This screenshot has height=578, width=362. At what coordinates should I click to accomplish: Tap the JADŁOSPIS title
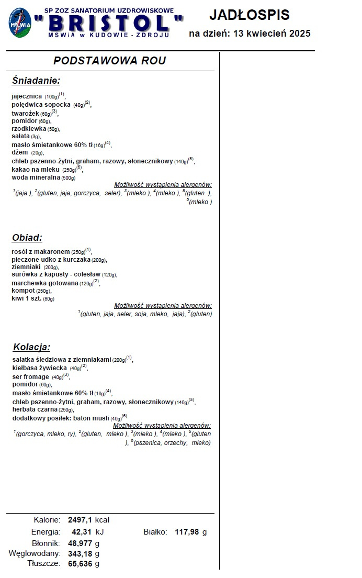[249, 14]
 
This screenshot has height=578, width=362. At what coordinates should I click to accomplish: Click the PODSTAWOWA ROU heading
[110, 61]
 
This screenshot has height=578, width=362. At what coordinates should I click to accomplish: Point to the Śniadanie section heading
[36, 81]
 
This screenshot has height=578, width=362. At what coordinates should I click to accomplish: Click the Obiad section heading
[27, 238]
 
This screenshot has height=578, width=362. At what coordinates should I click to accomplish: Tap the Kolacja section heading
[32, 347]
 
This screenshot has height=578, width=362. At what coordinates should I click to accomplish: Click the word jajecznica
[27, 96]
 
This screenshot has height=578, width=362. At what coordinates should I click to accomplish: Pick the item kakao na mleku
[36, 170]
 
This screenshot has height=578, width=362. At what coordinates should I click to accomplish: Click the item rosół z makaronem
[41, 251]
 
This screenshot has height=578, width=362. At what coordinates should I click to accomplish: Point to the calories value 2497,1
[80, 520]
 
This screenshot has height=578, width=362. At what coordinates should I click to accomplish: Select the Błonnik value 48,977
[80, 543]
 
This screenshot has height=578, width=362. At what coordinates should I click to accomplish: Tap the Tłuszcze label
[43, 563]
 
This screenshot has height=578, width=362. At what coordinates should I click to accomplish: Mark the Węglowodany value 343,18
[80, 553]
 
